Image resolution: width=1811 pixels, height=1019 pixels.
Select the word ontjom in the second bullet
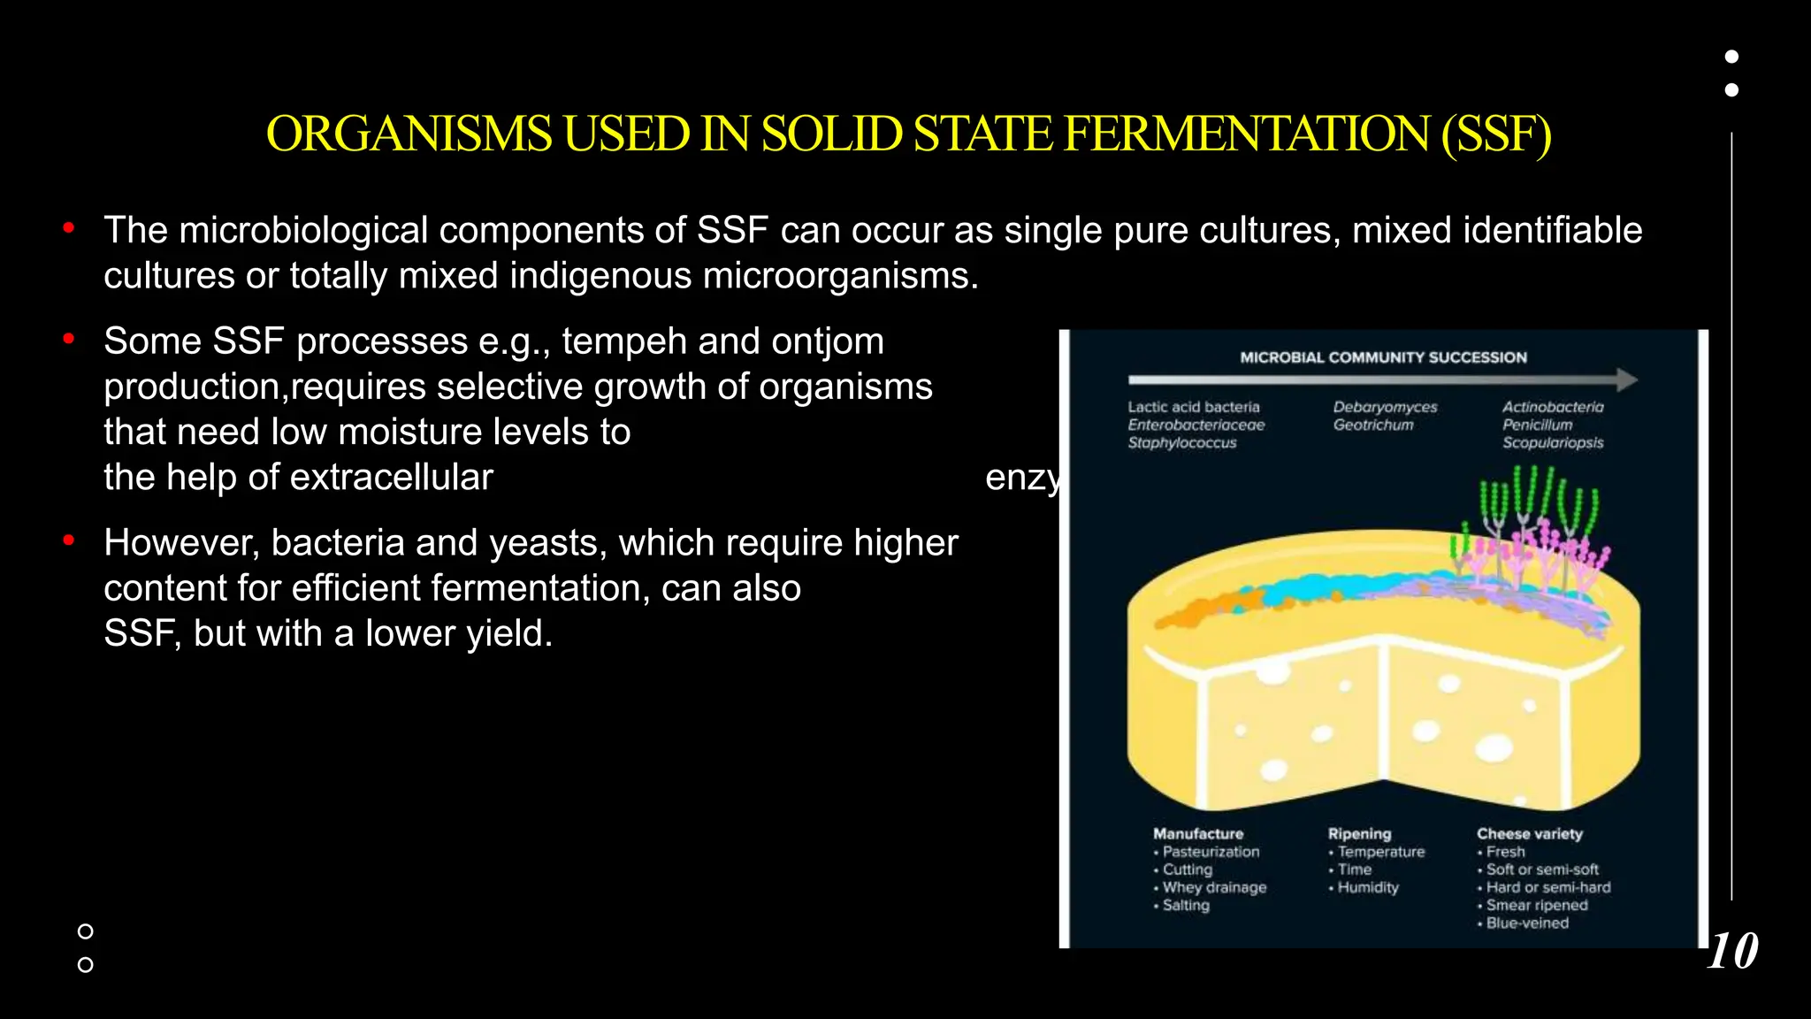point(827,341)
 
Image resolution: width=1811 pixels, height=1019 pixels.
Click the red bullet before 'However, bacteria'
point(69,540)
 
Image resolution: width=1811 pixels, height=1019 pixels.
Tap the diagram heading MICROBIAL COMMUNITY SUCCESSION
point(1383,357)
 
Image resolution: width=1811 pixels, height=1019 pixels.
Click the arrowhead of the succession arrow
point(1627,380)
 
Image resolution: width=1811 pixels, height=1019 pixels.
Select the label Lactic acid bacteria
point(1193,407)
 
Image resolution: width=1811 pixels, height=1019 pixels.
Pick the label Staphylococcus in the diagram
point(1181,442)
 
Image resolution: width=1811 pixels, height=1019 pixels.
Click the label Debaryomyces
point(1385,407)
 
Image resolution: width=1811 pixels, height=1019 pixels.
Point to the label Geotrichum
point(1373,425)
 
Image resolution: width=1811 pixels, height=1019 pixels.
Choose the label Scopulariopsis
point(1553,442)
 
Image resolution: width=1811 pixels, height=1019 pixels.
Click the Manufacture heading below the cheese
point(1198,833)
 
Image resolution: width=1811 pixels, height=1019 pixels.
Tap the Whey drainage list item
point(1214,887)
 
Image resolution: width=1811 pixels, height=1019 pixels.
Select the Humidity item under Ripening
point(1368,887)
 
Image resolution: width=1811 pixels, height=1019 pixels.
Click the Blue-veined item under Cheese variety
point(1527,923)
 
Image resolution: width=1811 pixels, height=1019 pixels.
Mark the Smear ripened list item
point(1537,905)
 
